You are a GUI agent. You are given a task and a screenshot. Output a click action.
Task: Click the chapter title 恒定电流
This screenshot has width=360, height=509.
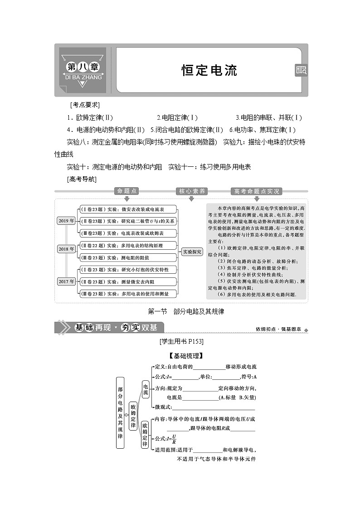[x=209, y=70]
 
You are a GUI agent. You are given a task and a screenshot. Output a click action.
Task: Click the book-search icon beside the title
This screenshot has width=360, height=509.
[x=301, y=70]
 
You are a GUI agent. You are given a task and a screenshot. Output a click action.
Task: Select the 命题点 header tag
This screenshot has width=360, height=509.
[x=126, y=191]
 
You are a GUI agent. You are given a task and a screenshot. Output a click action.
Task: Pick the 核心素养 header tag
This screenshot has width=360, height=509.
[x=192, y=191]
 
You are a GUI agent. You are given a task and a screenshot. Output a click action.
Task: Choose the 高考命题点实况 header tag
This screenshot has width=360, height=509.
[x=257, y=191]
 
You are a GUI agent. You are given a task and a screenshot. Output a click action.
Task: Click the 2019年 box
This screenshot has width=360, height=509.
[x=66, y=221]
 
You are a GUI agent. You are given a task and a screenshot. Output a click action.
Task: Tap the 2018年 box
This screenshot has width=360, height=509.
[x=66, y=249]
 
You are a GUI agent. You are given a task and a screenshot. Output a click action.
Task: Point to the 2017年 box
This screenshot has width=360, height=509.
[x=66, y=281]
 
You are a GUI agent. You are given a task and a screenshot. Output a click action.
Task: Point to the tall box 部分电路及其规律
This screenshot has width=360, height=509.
[x=120, y=412]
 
